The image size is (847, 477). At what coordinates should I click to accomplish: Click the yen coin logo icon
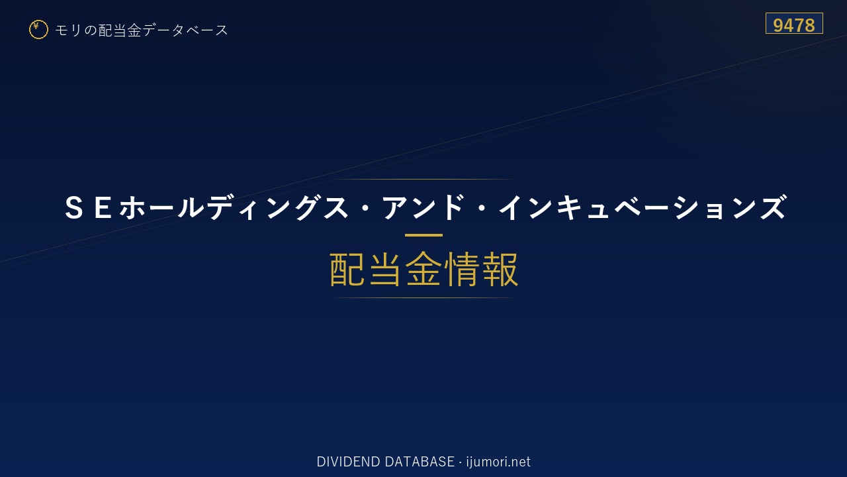coord(38,30)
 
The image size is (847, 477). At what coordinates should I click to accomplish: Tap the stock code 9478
coord(793,25)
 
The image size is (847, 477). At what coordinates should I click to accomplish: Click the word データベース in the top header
coord(186,30)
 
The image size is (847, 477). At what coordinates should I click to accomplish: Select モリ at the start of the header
coord(68,30)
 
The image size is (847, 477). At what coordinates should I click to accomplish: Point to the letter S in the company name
coord(74,207)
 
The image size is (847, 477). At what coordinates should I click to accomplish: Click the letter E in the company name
coord(103,207)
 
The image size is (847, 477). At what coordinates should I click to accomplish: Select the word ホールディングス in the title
coord(234,207)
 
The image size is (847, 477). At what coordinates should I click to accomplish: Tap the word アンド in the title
coord(423,207)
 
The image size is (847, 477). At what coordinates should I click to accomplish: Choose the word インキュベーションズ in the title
coord(643,207)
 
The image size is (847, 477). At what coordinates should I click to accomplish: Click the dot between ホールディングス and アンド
coord(365,207)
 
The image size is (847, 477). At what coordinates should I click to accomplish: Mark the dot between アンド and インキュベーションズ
coord(482,207)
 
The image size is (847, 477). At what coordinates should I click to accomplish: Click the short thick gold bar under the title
coord(423,235)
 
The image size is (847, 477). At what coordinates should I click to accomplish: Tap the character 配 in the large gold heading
coord(347,269)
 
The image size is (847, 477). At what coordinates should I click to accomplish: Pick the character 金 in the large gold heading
coord(423,269)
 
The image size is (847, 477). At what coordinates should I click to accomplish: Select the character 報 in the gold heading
coord(500,269)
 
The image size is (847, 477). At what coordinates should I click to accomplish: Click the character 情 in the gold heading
coord(462,269)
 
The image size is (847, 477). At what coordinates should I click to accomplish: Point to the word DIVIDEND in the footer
coord(348,462)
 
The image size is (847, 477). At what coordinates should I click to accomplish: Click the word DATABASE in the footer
coord(420,462)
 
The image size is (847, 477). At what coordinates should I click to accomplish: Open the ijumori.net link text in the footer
coord(498,462)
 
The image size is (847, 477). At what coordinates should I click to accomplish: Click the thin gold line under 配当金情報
coord(423,298)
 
